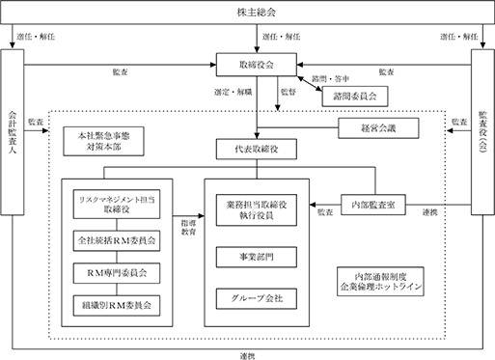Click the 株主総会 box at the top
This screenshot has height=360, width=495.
coord(247,13)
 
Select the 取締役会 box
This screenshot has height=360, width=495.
coord(257,65)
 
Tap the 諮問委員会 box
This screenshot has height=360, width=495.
coord(355,97)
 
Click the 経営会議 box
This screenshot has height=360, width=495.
coord(378,128)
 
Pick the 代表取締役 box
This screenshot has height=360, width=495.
coord(257,149)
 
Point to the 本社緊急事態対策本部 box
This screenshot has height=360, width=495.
coord(103,141)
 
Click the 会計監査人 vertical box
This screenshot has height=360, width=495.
coord(13,132)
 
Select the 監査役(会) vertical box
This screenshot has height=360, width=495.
coord(482,132)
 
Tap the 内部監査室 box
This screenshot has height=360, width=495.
coord(373,205)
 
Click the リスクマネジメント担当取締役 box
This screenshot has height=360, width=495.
coord(117,205)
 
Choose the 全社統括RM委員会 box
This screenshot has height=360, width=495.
coord(117,240)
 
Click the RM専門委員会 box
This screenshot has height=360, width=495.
coord(117,273)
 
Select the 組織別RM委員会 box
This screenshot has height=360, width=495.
coord(117,305)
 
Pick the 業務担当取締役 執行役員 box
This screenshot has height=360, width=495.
coord(257,210)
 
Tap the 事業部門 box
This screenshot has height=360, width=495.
coord(257,257)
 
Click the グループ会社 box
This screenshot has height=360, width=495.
coord(257,299)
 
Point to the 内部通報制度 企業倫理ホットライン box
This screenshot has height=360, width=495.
coord(380,282)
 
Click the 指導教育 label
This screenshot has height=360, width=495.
coord(188,227)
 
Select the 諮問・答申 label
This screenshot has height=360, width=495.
coord(330,79)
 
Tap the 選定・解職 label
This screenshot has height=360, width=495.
coord(234,93)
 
